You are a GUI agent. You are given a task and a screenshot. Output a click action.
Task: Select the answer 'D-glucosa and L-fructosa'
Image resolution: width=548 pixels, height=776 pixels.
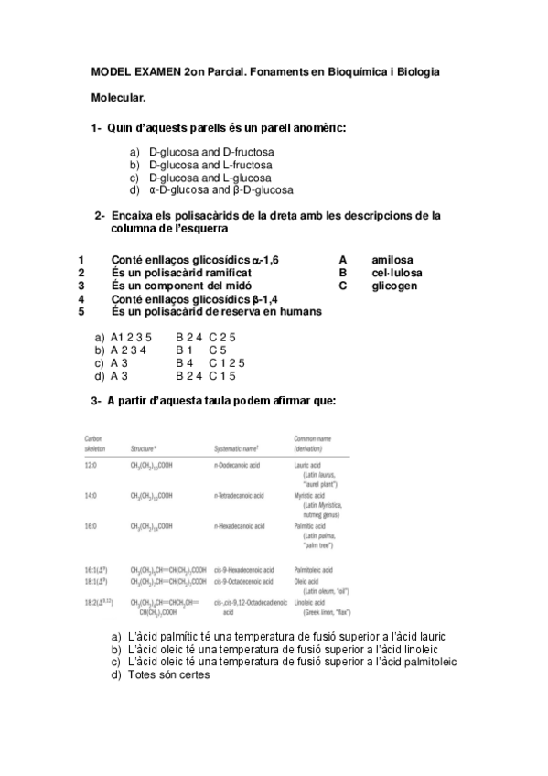pyautogui.click(x=210, y=165)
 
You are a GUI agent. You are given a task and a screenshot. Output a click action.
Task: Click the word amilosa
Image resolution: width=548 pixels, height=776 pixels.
pyautogui.click(x=392, y=260)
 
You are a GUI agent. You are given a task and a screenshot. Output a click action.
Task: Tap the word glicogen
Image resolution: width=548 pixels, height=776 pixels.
pyautogui.click(x=394, y=286)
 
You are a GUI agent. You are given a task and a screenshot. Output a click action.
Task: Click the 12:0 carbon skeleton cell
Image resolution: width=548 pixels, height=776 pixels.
pyautogui.click(x=91, y=466)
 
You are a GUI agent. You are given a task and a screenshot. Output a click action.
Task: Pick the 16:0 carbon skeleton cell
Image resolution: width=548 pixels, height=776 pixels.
pyautogui.click(x=91, y=526)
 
